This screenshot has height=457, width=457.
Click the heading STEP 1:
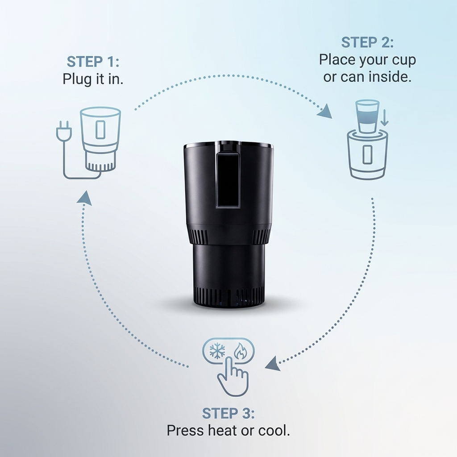(93, 62)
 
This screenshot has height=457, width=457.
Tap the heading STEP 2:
(367, 42)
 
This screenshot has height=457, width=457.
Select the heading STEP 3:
(228, 413)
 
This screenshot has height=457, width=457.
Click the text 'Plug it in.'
(93, 79)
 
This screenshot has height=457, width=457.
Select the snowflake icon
(217, 351)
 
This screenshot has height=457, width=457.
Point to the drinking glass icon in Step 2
(367, 116)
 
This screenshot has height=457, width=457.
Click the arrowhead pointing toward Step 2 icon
(326, 112)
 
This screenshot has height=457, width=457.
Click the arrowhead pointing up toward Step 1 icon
(85, 199)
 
